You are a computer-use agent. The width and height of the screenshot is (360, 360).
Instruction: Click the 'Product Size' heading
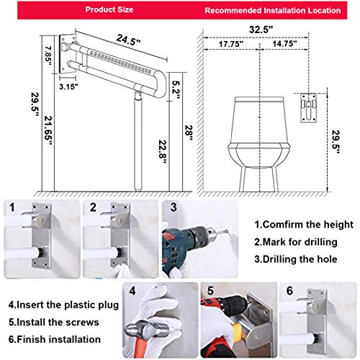(109, 9)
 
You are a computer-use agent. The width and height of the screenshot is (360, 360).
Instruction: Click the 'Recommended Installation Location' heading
(273, 11)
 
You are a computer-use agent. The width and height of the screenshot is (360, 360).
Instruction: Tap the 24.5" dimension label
(128, 40)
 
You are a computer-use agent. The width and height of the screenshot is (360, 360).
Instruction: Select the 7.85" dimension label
(48, 55)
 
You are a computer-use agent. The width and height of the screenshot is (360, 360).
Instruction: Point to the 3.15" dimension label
(68, 86)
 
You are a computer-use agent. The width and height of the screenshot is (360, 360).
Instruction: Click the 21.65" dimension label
(48, 131)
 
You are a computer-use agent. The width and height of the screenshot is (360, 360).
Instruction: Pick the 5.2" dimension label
(176, 90)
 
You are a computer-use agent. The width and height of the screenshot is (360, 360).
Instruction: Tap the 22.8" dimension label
(163, 152)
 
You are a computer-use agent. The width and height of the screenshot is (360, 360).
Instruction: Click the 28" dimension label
(189, 134)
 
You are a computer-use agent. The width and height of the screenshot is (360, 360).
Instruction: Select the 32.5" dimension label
(261, 30)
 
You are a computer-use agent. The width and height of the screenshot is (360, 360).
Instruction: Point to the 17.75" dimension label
(231, 44)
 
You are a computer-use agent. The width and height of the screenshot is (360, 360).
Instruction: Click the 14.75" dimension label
(284, 44)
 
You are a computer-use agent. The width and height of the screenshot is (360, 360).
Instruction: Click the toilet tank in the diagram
(259, 120)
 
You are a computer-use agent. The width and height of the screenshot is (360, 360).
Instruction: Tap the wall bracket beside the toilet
(309, 108)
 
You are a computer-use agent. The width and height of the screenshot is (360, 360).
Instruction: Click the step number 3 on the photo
(174, 207)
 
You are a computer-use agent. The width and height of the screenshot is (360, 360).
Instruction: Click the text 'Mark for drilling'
(300, 242)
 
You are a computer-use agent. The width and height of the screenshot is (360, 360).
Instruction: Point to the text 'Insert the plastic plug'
(68, 305)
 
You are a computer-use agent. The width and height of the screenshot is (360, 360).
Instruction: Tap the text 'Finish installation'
(59, 339)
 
